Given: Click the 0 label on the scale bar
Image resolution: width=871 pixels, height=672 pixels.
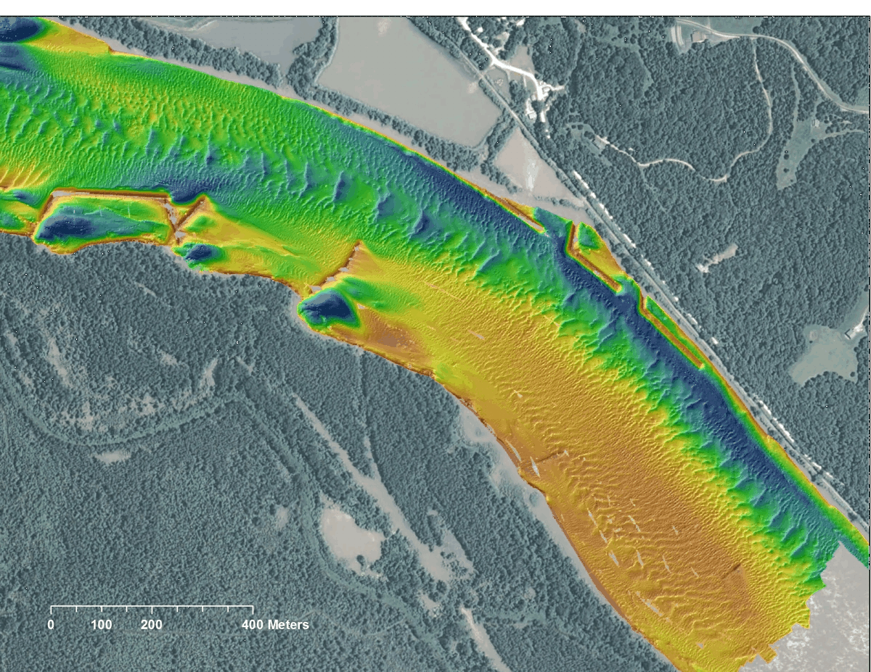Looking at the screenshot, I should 51,625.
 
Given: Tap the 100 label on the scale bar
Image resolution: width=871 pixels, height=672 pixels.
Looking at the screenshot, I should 102,625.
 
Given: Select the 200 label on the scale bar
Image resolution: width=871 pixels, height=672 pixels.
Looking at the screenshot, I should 152,625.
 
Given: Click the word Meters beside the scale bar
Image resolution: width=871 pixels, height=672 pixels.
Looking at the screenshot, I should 288,625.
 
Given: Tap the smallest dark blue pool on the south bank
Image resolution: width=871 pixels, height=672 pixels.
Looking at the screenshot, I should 201,252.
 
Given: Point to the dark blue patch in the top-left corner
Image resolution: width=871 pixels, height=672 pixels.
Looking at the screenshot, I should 18,30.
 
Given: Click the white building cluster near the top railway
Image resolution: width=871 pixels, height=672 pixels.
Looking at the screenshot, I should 541,91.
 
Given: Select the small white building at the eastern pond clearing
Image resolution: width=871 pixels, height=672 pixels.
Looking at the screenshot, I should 851,333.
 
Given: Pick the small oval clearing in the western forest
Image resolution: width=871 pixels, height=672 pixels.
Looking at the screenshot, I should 113,457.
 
